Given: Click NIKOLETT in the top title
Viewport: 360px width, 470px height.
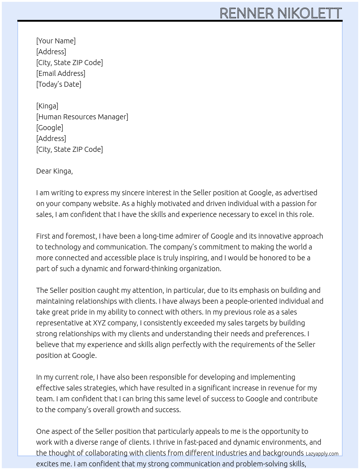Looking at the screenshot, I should [309, 13].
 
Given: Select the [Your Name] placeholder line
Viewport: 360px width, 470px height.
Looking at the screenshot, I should [56, 41].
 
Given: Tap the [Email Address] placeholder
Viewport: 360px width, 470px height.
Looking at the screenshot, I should [61, 73].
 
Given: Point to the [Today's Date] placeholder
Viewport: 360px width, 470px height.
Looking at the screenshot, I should [59, 84].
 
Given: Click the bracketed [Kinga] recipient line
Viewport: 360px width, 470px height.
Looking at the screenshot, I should [47, 106].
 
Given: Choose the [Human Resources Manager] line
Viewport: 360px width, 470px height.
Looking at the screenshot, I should [82, 117].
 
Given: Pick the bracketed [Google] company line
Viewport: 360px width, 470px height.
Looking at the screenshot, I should [50, 128].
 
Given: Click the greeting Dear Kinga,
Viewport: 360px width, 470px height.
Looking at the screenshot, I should [54, 171].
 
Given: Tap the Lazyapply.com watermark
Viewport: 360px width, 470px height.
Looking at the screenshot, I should [322, 454].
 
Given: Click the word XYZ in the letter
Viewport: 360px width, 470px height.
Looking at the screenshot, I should [99, 323].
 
